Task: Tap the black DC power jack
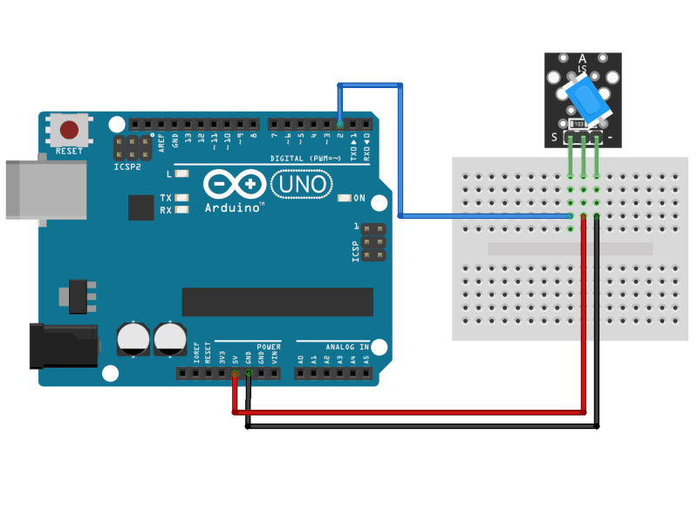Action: pos(61,346)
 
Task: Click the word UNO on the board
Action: pos(301,184)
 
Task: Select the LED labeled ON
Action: pos(344,198)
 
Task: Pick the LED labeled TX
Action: pos(181,198)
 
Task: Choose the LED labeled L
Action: pos(181,174)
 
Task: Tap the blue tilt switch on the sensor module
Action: pos(587,98)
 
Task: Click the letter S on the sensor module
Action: pos(553,137)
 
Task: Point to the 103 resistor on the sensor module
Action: pos(581,125)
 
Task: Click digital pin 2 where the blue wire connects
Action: pos(339,124)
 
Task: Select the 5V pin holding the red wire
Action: pos(235,374)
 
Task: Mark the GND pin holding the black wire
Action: pos(248,374)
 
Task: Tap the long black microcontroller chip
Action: pos(277,302)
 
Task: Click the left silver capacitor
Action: pos(133,339)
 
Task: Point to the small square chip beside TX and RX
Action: pos(141,207)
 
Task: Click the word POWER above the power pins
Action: pos(269,347)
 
